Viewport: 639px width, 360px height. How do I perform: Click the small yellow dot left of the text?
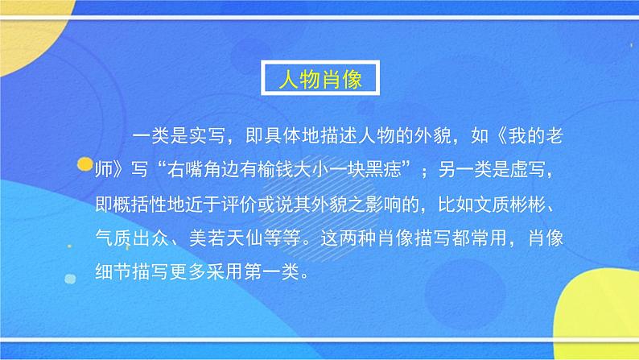pos(83,167)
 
